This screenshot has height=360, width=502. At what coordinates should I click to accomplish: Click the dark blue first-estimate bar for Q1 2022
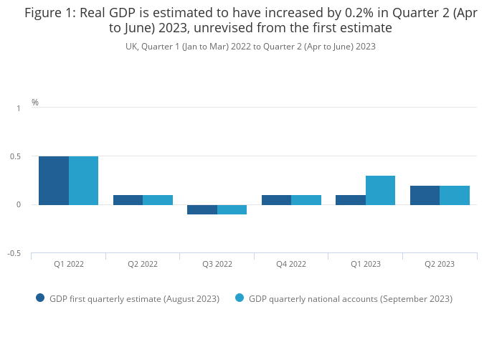54,181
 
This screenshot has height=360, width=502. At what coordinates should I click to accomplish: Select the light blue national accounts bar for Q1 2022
83,181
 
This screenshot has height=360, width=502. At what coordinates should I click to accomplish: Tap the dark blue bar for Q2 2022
128,200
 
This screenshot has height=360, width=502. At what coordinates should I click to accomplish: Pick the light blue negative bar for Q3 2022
232,209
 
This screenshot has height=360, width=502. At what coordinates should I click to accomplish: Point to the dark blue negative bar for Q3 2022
202,209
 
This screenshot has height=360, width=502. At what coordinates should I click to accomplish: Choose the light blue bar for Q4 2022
306,200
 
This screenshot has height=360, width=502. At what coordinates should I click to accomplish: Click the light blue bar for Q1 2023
380,191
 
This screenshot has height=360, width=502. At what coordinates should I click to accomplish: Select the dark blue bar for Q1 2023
351,200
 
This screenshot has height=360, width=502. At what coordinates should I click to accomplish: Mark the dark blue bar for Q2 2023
425,195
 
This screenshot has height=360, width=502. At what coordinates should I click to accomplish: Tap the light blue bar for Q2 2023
455,195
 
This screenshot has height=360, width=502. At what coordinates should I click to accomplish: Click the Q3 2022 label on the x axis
217,264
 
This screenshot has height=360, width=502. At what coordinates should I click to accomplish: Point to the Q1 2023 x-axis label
366,264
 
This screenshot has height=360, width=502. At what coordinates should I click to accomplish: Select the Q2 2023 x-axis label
440,264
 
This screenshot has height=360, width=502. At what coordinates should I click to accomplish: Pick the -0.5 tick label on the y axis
14,254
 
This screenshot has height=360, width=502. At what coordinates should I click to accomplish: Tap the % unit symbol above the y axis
35,103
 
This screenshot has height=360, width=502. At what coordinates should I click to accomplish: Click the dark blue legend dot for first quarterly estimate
40,298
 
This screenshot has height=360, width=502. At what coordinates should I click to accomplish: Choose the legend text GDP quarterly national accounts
351,298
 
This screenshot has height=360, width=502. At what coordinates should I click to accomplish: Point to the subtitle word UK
131,47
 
